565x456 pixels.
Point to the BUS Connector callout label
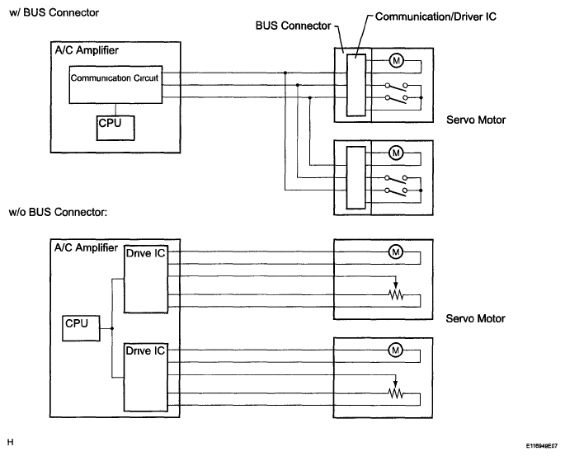point(293,26)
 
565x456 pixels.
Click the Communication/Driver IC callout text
point(436,16)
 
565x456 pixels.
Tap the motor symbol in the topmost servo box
point(397,60)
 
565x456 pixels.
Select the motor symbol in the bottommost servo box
point(396,350)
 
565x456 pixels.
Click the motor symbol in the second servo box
point(396,153)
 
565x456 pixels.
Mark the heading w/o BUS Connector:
point(58,212)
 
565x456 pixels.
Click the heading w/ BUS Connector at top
point(54,12)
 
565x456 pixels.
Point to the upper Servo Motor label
point(476,120)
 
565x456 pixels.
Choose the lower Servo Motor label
point(475,318)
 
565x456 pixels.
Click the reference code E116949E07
point(542,446)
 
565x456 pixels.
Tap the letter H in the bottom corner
point(10,442)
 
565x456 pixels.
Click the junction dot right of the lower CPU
point(112,328)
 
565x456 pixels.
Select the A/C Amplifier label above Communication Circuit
point(87,50)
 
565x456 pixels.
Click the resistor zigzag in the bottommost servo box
point(396,393)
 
